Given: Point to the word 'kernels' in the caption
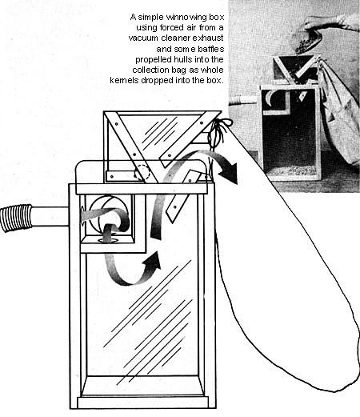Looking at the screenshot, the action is (x=124, y=80).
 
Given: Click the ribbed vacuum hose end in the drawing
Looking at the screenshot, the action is (x=17, y=218).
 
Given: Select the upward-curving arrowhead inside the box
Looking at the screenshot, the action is (x=152, y=260).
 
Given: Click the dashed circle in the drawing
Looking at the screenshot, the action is (x=142, y=173).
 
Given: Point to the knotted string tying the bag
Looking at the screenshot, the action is (x=218, y=130).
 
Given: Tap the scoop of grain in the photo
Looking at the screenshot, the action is (x=306, y=43).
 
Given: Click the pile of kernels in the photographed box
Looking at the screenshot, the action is (x=291, y=170).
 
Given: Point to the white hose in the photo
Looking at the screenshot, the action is (x=243, y=100).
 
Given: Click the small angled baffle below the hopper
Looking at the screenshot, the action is (x=182, y=196).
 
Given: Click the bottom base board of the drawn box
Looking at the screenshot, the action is (x=142, y=403).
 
